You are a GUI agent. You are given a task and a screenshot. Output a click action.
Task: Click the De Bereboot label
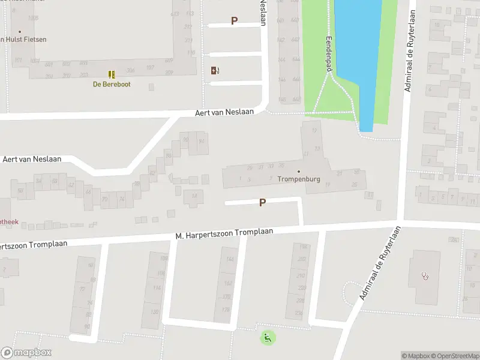click(112, 85)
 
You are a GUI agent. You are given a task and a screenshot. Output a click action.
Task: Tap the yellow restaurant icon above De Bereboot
click(112, 74)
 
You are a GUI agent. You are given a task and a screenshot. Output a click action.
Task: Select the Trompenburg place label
click(299, 179)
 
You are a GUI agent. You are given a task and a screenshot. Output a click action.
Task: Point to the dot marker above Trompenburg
click(299, 171)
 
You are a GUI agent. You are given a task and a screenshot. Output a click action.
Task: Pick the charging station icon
click(215, 70)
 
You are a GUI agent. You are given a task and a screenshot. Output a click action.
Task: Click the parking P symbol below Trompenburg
click(262, 203)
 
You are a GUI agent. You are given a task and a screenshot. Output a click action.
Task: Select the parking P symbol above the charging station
click(234, 21)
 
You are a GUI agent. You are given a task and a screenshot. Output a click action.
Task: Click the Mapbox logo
click(26, 353)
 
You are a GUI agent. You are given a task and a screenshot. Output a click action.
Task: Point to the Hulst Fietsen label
click(24, 40)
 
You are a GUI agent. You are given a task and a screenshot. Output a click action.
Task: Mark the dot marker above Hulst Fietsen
click(20, 32)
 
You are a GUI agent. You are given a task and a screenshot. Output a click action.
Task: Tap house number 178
click(226, 310)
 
